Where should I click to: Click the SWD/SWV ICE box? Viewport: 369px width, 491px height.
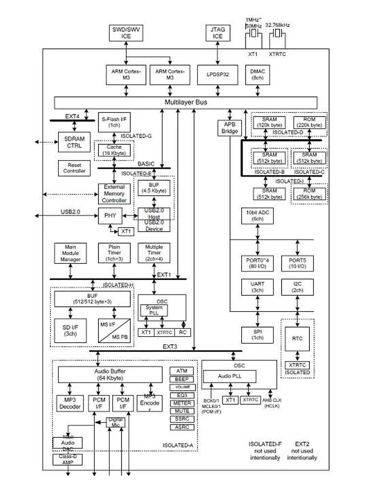(126, 33)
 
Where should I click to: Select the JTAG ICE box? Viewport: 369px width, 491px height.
(218, 33)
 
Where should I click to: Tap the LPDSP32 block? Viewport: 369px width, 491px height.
(218, 74)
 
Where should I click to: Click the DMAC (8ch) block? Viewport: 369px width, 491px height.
(258, 74)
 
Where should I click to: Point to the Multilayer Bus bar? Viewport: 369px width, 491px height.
(186, 103)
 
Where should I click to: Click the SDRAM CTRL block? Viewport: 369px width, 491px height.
(74, 142)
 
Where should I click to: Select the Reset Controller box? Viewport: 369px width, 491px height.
(74, 168)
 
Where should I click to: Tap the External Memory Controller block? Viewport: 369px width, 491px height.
(114, 194)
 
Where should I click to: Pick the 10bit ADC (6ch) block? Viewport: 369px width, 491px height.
(258, 215)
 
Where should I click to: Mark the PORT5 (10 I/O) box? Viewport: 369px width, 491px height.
(298, 263)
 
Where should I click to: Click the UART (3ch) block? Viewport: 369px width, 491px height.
(258, 287)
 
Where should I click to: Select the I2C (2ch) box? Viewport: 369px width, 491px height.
(298, 287)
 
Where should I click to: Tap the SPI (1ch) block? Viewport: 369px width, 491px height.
(258, 335)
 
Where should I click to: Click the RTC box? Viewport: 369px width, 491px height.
(297, 339)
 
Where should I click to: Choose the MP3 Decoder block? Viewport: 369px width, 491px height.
(70, 403)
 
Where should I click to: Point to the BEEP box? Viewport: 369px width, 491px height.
(182, 379)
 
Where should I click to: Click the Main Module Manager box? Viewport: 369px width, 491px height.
(71, 253)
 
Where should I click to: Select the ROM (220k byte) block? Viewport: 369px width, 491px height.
(309, 122)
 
